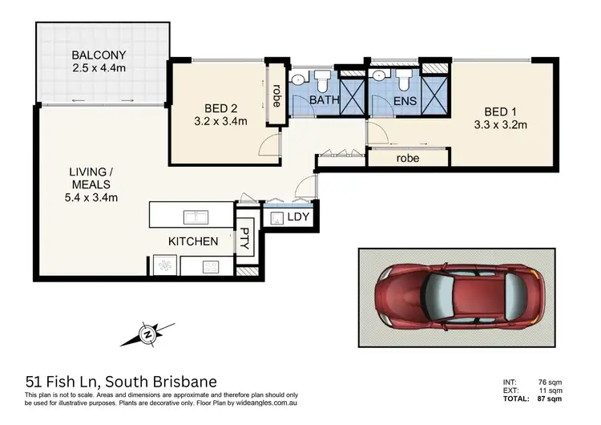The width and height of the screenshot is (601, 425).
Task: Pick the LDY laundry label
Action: pyautogui.click(x=298, y=218)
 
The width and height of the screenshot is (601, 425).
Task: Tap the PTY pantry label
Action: pyautogui.click(x=244, y=239)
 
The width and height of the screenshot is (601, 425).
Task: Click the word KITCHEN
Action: pyautogui.click(x=192, y=241)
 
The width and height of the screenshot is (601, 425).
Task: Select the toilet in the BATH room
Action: pyautogui.click(x=321, y=80)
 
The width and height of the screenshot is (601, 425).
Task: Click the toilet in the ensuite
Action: pyautogui.click(x=403, y=80)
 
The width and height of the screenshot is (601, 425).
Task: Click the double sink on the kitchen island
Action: pyautogui.click(x=196, y=216)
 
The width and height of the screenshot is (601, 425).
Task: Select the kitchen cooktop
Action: pyautogui.click(x=212, y=267)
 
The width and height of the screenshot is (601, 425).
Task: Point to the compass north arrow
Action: pyautogui.click(x=147, y=333)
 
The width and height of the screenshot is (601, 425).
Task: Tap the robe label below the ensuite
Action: pyautogui.click(x=409, y=159)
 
